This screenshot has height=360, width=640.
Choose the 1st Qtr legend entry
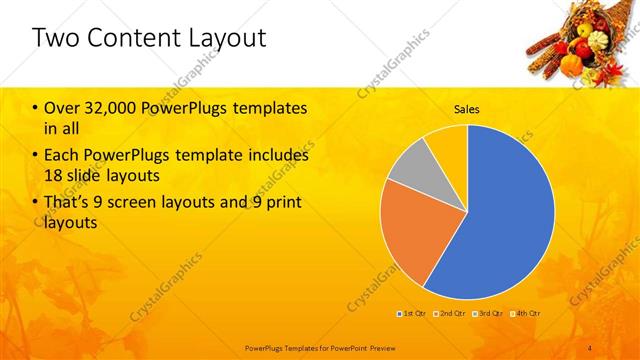(x=412, y=314)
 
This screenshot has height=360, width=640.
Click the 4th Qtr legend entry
(x=528, y=314)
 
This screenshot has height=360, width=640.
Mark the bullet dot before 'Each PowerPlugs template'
(x=36, y=156)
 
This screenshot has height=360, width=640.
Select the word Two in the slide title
(x=53, y=39)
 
